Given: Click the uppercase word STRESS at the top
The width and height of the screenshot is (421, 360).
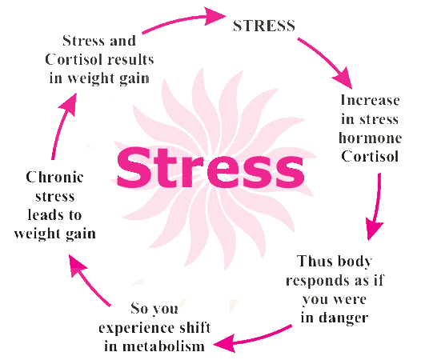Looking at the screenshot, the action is coord(264,26).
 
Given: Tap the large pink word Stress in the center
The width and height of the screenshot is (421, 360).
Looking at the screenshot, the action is coord(210,167).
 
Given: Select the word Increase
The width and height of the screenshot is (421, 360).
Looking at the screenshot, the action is coord(371,101).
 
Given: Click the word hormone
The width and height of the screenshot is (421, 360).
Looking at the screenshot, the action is coord(371,138).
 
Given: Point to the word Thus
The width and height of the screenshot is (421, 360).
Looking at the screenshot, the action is coord(315,261).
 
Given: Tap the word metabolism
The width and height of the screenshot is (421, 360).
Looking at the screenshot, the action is coord(164,346).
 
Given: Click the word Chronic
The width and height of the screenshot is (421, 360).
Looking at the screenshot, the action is coord(54,177).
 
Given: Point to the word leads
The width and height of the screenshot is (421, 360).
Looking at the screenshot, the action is coord(42,214).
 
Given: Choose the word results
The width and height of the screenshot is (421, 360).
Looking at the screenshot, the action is coord(128,59).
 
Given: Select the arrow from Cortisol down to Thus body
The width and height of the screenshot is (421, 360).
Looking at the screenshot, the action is coord(378,206).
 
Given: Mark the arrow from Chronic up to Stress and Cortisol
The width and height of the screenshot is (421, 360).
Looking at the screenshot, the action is coord(61,126).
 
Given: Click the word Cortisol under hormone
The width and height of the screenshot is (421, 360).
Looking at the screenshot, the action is coord(371,157).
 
